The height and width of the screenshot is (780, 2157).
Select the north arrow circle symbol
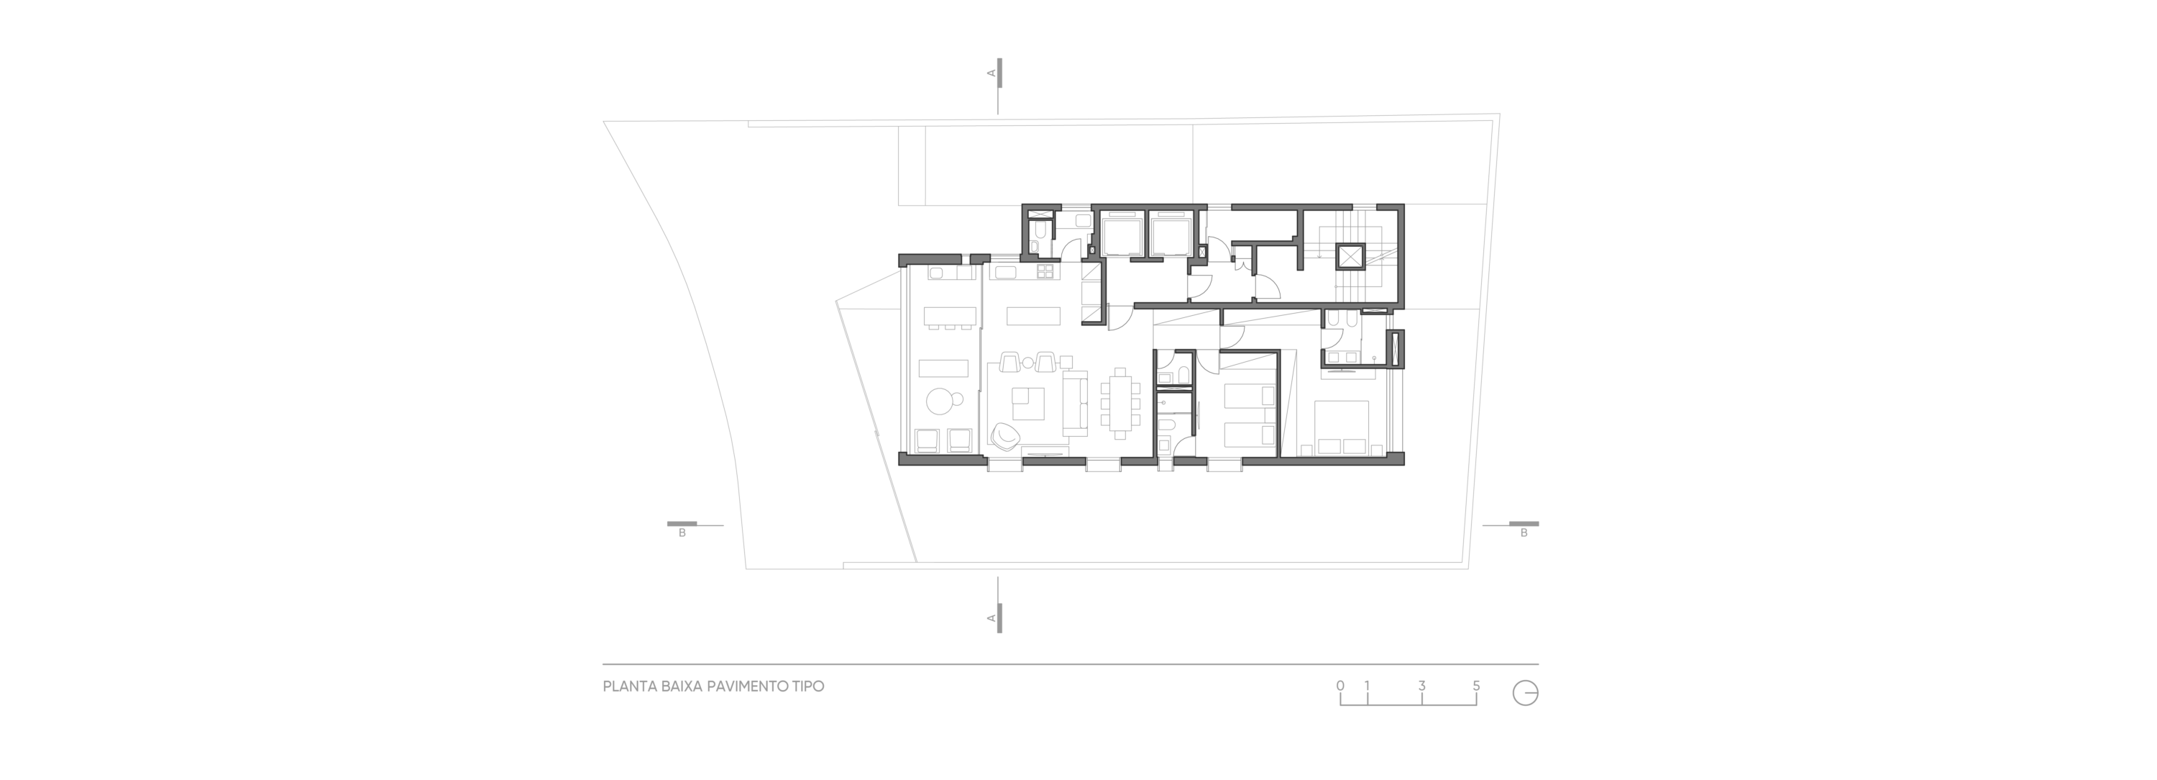coord(1526,693)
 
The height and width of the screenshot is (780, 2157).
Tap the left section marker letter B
coord(682,533)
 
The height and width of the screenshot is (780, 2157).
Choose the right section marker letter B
coord(1524,533)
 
